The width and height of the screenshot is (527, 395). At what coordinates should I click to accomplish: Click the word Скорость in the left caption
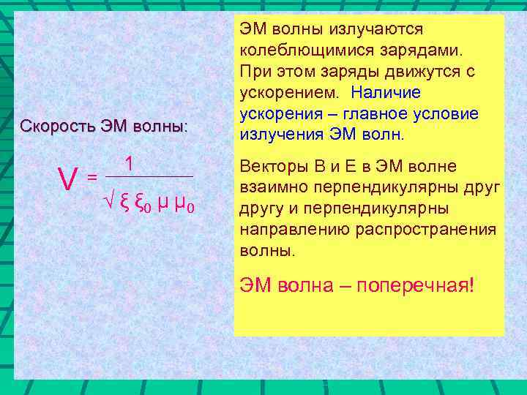coord(53,125)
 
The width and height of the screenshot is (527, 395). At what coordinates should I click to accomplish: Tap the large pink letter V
coord(69,176)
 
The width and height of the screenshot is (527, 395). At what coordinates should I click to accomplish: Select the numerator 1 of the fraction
coord(129,164)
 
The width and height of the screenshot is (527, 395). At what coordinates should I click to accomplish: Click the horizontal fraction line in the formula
coord(149,176)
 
